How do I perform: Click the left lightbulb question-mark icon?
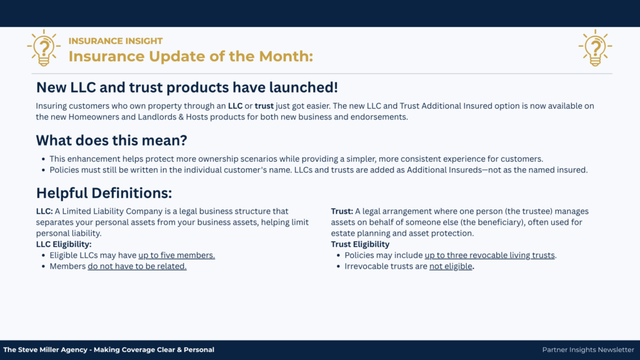pos(44,47)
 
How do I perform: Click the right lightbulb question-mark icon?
pos(595,47)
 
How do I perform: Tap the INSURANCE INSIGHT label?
pos(116,41)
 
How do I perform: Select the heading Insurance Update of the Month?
pos(191,56)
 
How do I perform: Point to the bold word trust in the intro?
pos(264,106)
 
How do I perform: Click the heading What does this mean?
pos(111,141)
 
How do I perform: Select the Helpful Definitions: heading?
pos(104,193)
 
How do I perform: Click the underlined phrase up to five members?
pos(177,255)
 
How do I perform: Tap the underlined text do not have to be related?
pos(137,266)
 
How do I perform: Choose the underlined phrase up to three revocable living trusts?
pos(490,255)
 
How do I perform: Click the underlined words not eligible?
pos(451,266)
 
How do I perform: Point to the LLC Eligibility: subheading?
pos(64,244)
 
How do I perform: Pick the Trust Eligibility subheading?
pos(360,244)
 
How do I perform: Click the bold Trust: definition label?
pos(342,211)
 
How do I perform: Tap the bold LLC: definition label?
pos(44,211)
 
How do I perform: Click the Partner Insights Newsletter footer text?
pos(588,350)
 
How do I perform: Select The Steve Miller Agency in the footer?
pos(45,350)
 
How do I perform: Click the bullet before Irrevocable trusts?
pos(338,266)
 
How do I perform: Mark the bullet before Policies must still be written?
pos(43,170)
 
